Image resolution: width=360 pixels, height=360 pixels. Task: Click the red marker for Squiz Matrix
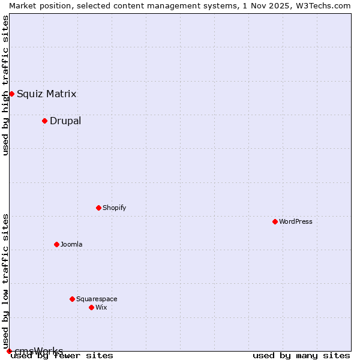[x=11, y=94]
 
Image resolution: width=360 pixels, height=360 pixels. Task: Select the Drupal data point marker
[x=44, y=121]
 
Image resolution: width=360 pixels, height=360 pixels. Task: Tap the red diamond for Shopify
[x=98, y=208]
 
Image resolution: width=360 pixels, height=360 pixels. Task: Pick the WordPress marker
[x=275, y=221]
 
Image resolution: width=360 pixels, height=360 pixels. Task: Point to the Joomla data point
[x=56, y=244]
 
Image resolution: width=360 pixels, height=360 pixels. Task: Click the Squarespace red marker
[x=72, y=299]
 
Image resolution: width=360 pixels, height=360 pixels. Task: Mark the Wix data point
[x=91, y=307]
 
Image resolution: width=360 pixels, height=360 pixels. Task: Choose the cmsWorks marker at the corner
[x=9, y=351]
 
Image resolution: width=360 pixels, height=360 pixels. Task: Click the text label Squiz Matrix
[x=46, y=94]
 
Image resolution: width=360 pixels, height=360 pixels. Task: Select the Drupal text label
[x=65, y=121]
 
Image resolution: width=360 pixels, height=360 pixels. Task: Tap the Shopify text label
[x=114, y=208]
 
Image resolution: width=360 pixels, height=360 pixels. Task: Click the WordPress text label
[x=296, y=221]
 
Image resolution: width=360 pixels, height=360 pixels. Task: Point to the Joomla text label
[x=71, y=244]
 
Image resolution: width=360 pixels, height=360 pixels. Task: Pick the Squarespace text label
[x=97, y=299]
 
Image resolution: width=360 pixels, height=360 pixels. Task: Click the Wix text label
[x=101, y=307]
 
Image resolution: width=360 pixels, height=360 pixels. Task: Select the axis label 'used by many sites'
[x=301, y=355]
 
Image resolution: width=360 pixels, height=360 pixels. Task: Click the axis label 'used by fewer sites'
[x=62, y=355]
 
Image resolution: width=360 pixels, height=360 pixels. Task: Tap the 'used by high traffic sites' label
[x=6, y=85]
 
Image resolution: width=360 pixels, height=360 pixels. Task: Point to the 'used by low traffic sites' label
[x=6, y=277]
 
